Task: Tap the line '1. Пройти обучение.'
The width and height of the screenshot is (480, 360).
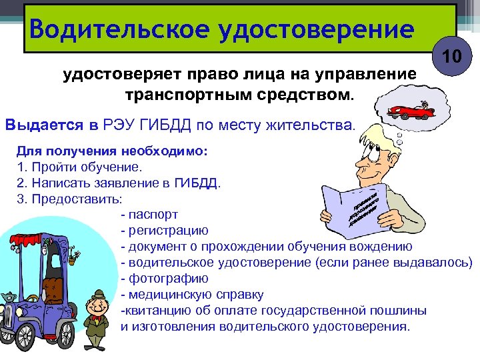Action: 78,166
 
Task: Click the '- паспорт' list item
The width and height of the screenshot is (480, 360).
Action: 149,214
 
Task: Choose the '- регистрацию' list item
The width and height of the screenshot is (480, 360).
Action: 164,230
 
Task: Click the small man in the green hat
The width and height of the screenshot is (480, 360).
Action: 99,313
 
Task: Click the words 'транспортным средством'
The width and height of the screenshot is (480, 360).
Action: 236,94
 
